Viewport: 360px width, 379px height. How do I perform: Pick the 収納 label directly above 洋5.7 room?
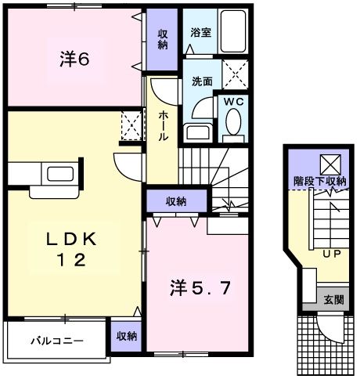175,201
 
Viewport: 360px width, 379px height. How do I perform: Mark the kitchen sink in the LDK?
58,174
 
